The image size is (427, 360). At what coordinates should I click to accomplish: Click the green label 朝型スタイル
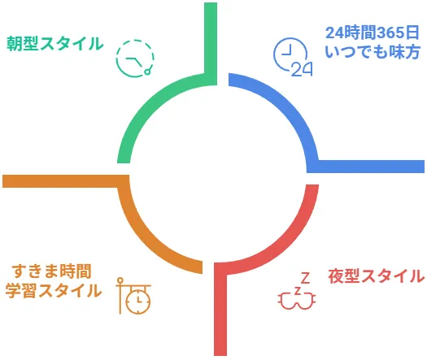tap(55, 44)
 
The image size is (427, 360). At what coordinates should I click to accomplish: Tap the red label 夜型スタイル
tap(377, 276)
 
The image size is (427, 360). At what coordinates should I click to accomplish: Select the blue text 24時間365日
tap(373, 33)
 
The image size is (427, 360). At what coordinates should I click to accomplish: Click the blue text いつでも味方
tap(373, 51)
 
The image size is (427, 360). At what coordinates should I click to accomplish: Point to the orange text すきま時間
tap(51, 271)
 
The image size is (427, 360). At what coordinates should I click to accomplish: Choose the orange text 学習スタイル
tap(54, 291)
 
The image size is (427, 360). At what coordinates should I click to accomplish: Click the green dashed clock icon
tap(135, 58)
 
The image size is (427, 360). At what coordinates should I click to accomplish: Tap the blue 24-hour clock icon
tap(293, 57)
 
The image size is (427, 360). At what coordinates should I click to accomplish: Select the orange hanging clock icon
tap(133, 296)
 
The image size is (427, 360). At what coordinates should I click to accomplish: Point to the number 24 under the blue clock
tap(302, 69)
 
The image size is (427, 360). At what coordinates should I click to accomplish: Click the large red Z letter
tap(306, 278)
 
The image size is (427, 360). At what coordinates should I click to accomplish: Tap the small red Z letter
tap(298, 291)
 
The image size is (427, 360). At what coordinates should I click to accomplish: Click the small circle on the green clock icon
tap(147, 72)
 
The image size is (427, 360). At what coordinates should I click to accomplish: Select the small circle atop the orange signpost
tap(120, 280)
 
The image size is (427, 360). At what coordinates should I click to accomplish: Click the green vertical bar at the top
tap(211, 44)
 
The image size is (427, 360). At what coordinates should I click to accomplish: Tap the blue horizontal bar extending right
tap(366, 167)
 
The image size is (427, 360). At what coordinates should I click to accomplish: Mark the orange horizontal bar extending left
tap(66, 181)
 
